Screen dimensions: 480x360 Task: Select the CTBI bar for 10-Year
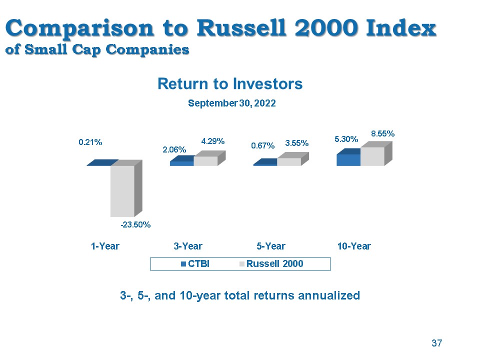point(348,157)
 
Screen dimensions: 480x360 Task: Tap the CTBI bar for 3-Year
point(182,160)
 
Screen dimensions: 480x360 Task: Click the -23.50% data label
point(135,225)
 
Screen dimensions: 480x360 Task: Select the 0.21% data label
point(90,142)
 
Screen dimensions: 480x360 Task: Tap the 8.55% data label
point(382,133)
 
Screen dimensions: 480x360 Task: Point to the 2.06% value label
point(174,149)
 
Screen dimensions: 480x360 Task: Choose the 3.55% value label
point(297,143)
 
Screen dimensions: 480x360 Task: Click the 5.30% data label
point(346,139)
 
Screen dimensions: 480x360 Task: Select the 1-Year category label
point(105,246)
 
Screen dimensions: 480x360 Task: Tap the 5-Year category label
point(271,246)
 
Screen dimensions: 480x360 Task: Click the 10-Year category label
point(354,246)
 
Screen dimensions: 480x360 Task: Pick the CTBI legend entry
point(195,264)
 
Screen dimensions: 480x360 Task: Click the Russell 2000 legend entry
point(271,264)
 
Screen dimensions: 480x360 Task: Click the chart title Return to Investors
point(230,84)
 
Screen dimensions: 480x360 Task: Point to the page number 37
point(437,343)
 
